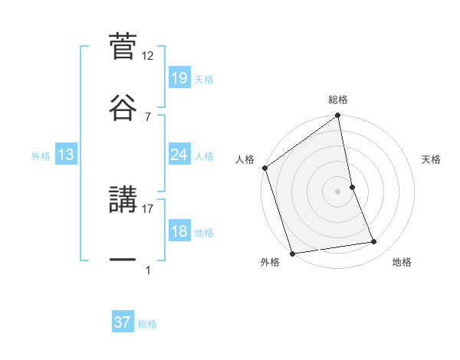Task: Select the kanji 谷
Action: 123,107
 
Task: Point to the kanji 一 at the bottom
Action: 123,260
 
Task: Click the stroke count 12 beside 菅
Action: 148,56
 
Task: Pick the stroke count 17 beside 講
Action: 148,208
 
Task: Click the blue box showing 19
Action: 179,79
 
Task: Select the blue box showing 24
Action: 179,155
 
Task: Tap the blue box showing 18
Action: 179,231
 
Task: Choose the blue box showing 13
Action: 66,155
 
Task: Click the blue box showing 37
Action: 123,322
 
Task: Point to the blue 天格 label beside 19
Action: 204,80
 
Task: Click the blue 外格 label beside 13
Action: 41,155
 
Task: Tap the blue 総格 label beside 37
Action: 147,323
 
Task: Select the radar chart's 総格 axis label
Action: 338,100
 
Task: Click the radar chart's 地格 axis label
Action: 402,262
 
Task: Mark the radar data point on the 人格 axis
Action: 265,168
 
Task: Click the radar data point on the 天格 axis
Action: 352,187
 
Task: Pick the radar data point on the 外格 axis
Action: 292,253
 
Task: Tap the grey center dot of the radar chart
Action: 337,191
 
